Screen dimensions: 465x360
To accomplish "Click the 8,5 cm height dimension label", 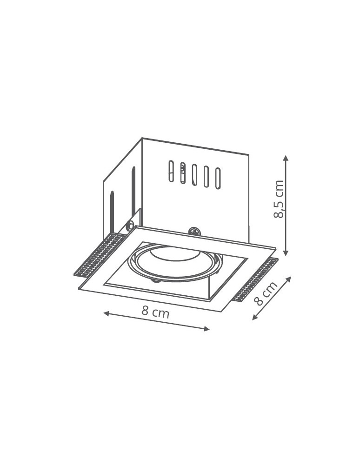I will point(279,199).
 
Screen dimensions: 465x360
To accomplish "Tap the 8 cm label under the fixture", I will point(155,312).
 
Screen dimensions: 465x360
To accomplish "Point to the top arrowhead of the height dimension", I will point(286,158).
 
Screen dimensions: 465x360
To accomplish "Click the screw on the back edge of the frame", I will point(194,231).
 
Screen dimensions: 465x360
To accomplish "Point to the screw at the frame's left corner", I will point(130,226).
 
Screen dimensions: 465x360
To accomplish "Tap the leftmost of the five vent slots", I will point(171,171).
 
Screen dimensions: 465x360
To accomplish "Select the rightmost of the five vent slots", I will point(218,178).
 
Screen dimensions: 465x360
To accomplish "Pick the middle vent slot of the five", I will point(194,174).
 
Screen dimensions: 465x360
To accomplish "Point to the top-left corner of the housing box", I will point(142,138).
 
